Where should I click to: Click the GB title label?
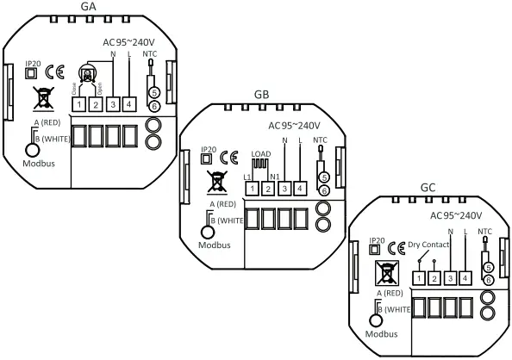(262, 93)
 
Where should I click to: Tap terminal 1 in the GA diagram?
(78, 104)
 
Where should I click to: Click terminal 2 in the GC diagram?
(434, 278)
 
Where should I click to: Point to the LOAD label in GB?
(261, 155)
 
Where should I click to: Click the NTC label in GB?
(321, 140)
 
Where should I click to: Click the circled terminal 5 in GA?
(153, 91)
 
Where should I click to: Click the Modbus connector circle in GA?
(33, 148)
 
